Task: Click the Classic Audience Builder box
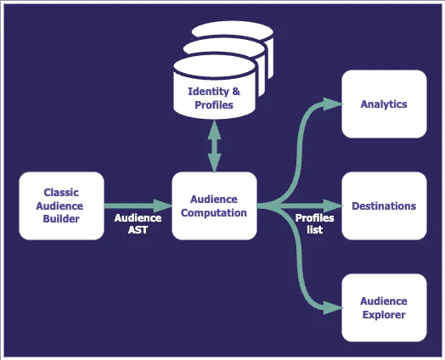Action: (62, 205)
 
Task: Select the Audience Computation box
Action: (214, 205)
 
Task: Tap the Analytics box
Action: (384, 104)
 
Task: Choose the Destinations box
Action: (384, 205)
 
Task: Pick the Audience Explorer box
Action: (384, 307)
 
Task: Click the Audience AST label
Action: (138, 224)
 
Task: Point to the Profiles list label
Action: (314, 224)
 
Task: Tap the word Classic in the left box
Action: (61, 193)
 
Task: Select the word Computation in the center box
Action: (214, 213)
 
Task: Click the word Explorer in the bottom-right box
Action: (384, 315)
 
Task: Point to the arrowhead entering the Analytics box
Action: (333, 104)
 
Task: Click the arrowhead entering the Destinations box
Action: (333, 205)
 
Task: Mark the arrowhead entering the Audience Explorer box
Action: (333, 307)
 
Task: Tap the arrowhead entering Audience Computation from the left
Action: (163, 205)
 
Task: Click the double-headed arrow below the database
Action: (214, 146)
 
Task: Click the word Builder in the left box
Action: (61, 219)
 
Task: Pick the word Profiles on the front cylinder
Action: (214, 105)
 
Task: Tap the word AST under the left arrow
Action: (138, 230)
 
